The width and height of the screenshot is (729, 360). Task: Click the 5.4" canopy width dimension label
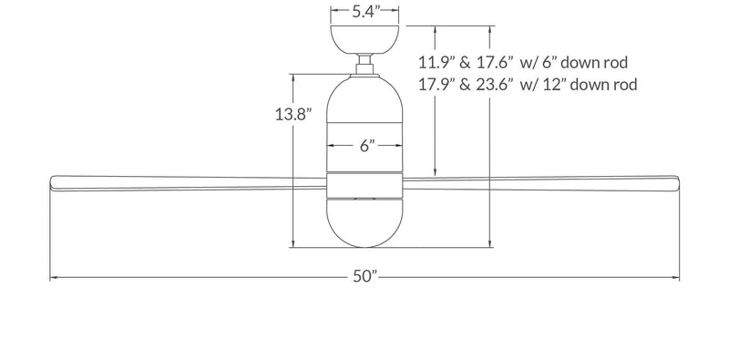[x=365, y=12]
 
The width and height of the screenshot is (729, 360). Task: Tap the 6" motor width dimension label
[x=365, y=146]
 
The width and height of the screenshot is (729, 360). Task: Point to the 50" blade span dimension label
[x=365, y=277]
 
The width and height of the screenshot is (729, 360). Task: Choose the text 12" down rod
[x=590, y=85]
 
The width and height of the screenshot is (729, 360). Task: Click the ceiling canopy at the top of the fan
[x=365, y=41]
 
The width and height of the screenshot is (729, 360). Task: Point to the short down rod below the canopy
[x=365, y=66]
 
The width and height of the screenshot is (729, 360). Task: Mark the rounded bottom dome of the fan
[x=365, y=223]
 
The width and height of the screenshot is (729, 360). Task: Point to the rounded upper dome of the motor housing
[x=365, y=96]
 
